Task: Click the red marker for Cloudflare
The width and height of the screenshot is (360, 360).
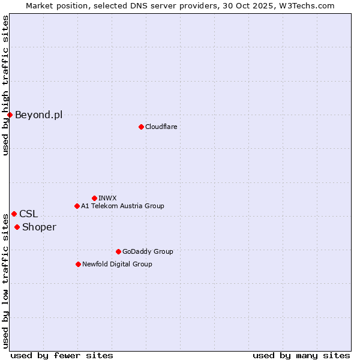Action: point(141,127)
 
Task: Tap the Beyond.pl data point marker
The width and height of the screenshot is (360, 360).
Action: point(10,115)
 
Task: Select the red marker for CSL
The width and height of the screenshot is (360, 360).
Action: point(14,214)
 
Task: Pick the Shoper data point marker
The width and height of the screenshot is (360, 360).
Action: point(17,227)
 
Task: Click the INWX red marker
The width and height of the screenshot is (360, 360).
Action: point(94,198)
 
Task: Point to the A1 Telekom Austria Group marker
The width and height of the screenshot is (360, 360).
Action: point(77,206)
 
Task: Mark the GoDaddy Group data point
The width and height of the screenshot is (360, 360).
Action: point(118,251)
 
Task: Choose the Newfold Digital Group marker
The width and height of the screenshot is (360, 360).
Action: point(78,264)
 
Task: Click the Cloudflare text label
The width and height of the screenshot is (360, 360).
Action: point(161,127)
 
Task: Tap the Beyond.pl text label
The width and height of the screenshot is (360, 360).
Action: point(38,115)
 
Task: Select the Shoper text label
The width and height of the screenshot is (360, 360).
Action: point(39,227)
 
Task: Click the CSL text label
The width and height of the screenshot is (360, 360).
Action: point(28,214)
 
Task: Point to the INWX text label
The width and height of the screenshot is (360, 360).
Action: point(107,198)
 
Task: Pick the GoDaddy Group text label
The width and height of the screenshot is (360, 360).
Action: point(147,251)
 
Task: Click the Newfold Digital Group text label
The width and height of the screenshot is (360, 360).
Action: point(117,264)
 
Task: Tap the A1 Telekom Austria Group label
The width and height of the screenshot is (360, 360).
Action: point(122,206)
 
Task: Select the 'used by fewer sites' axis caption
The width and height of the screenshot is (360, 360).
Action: point(62,355)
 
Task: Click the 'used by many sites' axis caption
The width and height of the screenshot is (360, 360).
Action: point(301,355)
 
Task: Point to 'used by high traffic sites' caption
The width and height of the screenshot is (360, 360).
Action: point(5,85)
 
